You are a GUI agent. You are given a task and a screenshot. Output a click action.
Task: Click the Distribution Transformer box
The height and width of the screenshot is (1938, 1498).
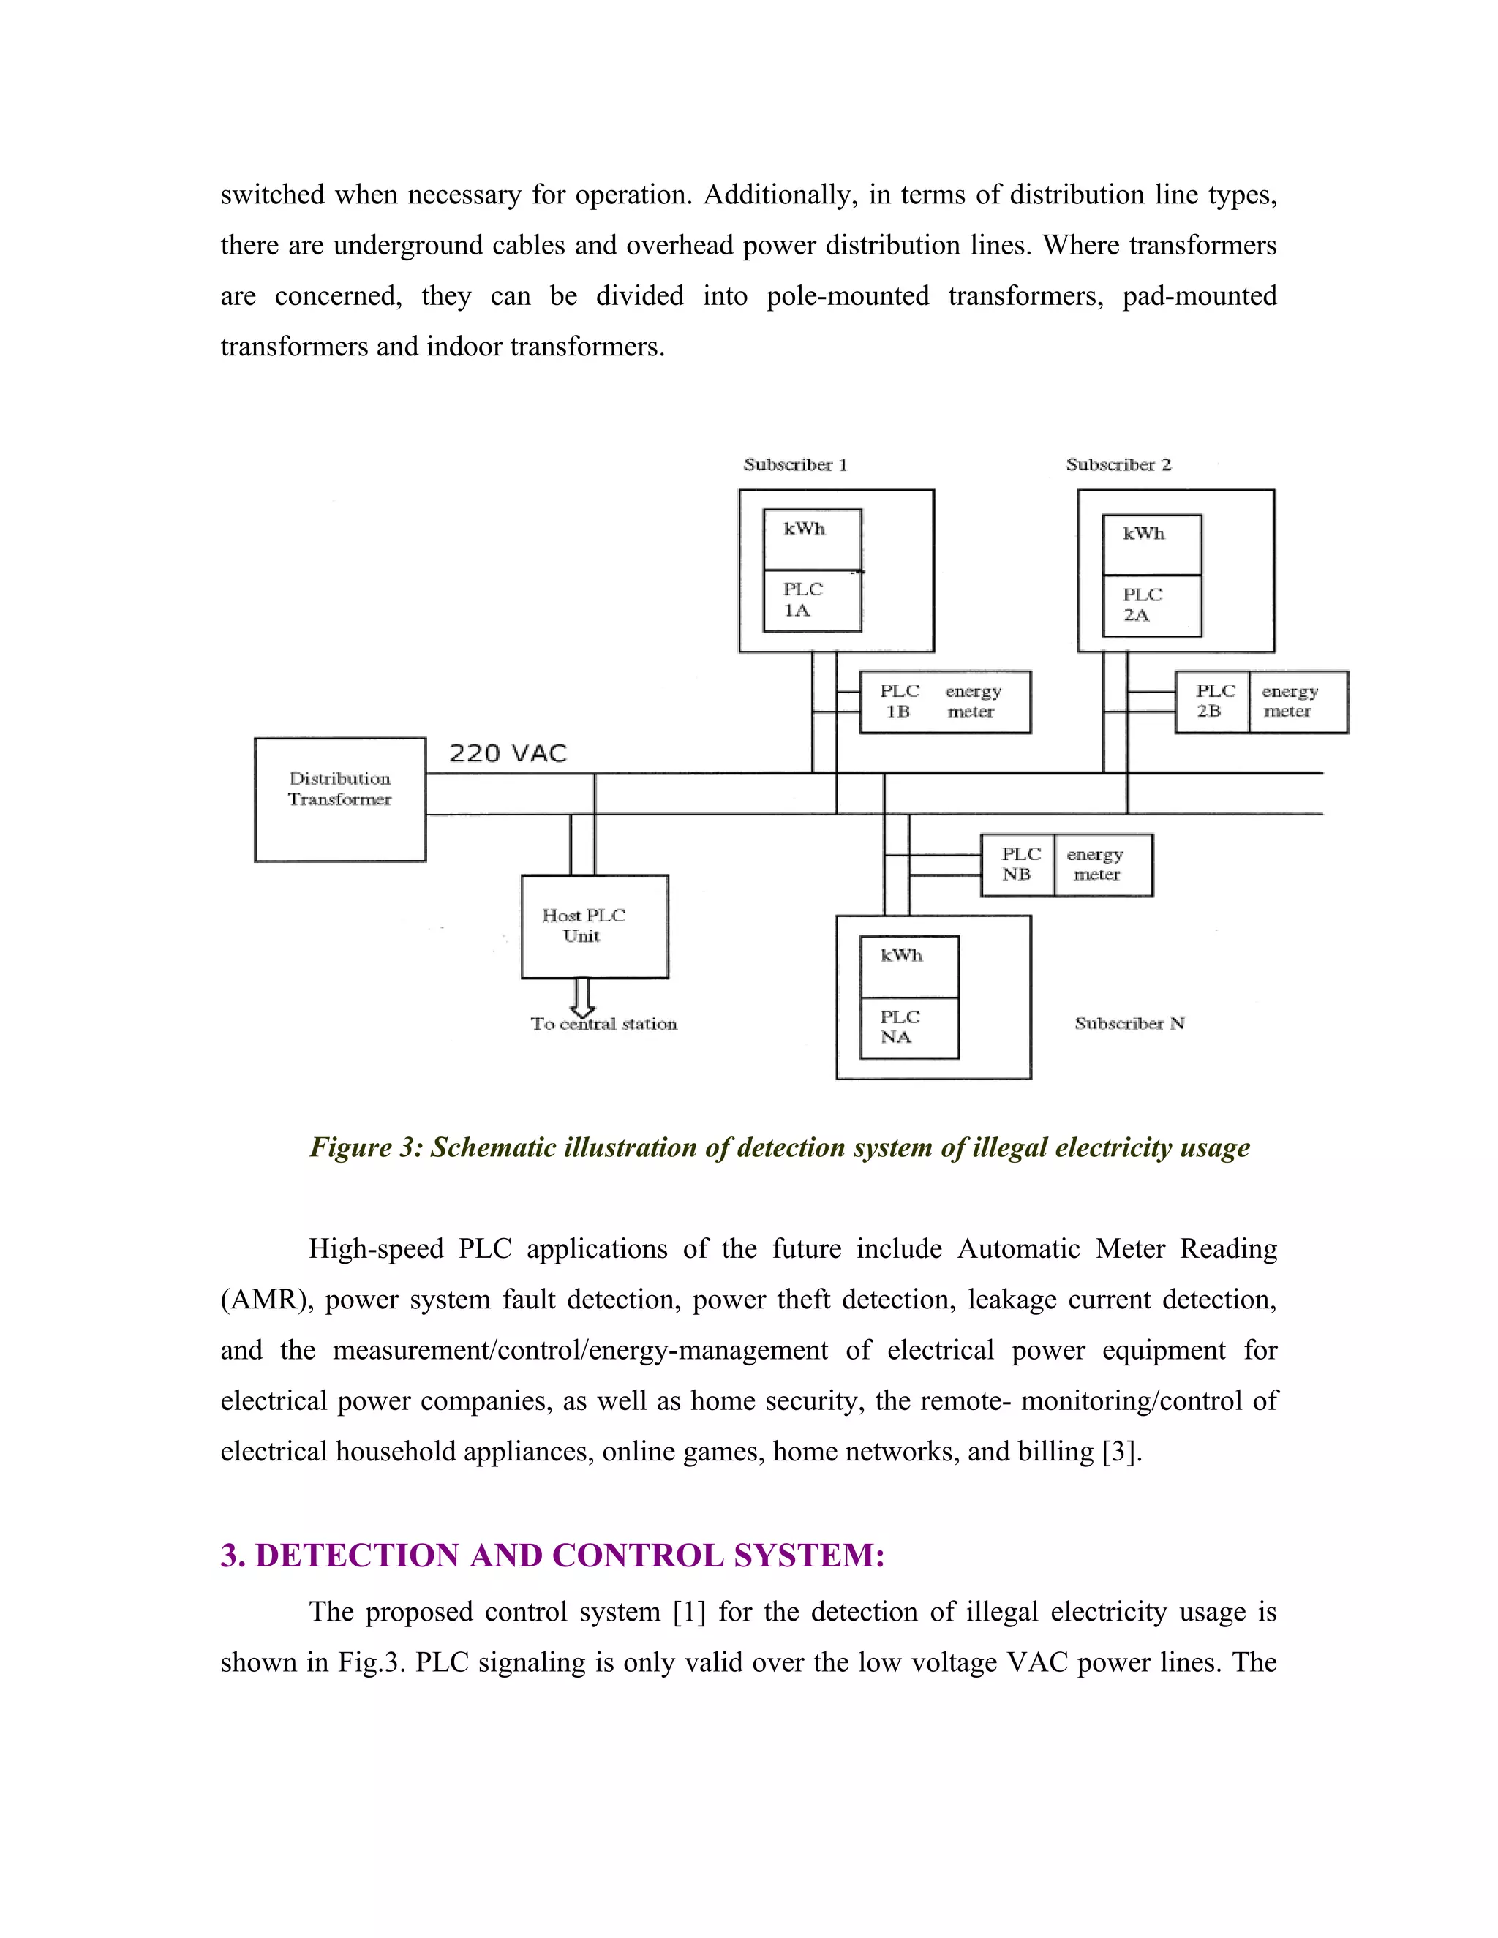click(x=340, y=799)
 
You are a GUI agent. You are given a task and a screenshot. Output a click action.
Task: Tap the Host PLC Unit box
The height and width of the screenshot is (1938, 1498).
click(x=595, y=927)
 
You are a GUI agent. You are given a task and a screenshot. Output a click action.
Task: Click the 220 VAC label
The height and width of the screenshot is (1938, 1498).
click(x=508, y=754)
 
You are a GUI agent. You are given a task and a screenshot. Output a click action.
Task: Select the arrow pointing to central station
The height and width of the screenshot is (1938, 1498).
click(x=582, y=998)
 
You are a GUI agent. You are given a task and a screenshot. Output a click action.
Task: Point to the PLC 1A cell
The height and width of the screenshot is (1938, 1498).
click(x=812, y=600)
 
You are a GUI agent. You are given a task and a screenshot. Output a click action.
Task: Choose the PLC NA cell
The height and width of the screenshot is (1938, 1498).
click(x=908, y=1028)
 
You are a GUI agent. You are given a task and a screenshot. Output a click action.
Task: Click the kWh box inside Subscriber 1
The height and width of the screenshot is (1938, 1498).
click(x=812, y=539)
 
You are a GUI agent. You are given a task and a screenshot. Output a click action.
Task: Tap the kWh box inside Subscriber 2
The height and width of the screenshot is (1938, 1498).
click(x=1152, y=544)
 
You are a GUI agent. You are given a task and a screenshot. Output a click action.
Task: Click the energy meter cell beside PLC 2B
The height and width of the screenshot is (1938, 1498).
click(x=1297, y=702)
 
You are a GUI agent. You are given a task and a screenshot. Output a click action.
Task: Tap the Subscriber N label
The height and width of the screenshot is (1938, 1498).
click(x=1129, y=1024)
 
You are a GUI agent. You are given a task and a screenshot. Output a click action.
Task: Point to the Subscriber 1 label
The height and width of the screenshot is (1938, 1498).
click(x=795, y=465)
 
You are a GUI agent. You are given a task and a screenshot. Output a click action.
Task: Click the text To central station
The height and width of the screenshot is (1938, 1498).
click(x=603, y=1025)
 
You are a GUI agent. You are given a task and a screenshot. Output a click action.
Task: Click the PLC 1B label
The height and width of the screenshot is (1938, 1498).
click(x=898, y=702)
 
